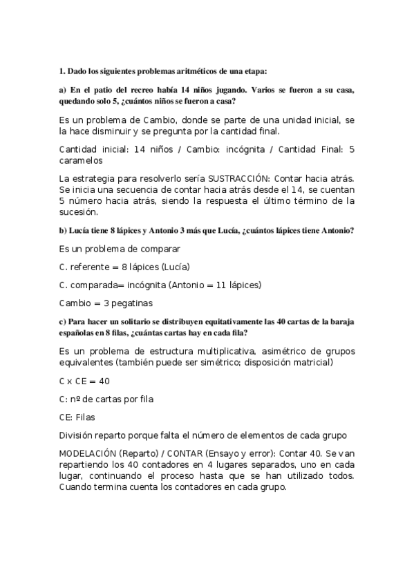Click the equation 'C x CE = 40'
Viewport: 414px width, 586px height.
84,381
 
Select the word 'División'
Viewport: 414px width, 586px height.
78,435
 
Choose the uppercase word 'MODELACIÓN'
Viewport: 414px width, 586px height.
87,453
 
